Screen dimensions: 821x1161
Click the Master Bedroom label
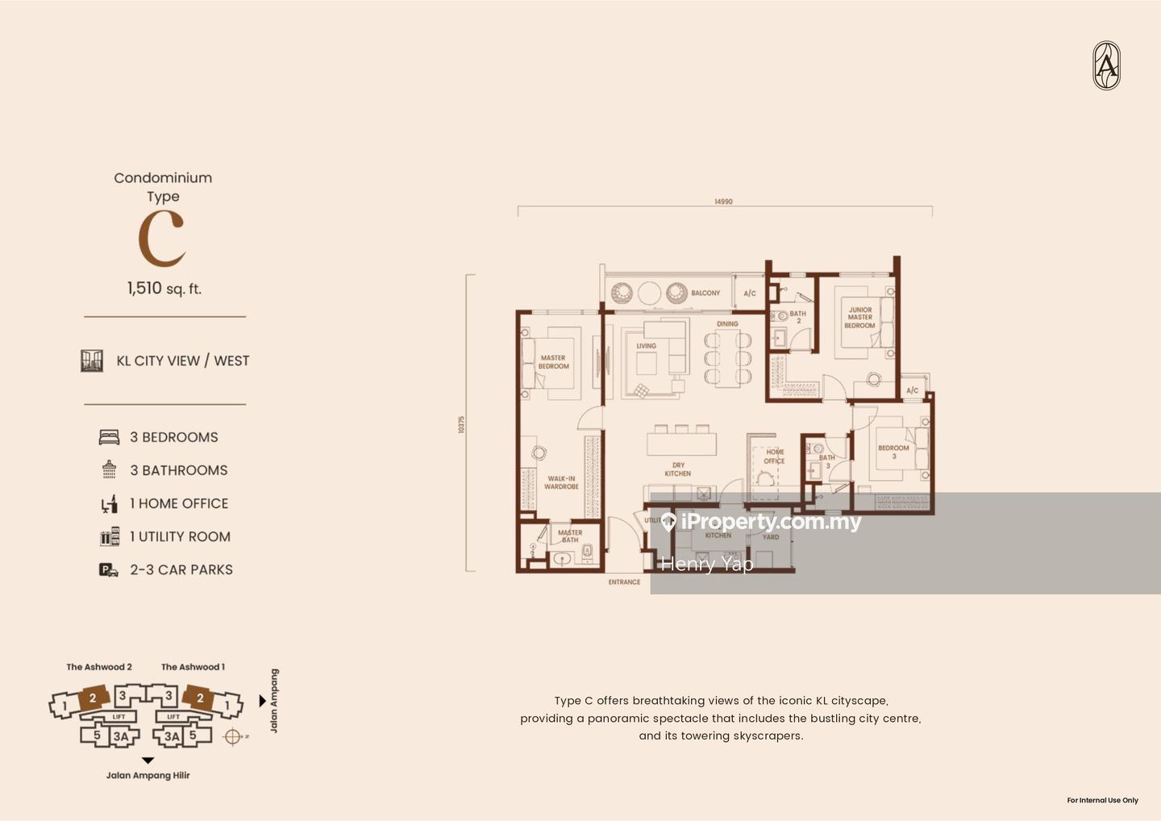[x=553, y=362]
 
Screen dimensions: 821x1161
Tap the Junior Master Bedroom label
[x=859, y=317]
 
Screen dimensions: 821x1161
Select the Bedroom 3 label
[x=893, y=452]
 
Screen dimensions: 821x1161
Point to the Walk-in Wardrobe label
[x=561, y=482]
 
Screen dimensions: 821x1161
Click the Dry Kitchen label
[x=678, y=469]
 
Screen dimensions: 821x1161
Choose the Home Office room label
[x=774, y=456]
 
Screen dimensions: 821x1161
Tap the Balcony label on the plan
[x=705, y=293]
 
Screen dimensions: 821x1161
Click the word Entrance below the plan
[x=624, y=581]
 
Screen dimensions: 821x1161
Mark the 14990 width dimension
[x=723, y=202]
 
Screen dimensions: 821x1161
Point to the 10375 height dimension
[x=461, y=424]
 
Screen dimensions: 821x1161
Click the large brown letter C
[x=162, y=239]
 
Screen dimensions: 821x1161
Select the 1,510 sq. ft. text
[x=164, y=289]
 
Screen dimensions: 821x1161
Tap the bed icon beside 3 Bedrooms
[x=109, y=437]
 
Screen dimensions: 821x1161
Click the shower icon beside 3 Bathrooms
[x=109, y=470]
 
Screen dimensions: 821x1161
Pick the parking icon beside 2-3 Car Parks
[x=109, y=570]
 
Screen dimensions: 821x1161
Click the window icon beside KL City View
[x=92, y=360]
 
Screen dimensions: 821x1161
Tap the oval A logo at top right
[x=1106, y=65]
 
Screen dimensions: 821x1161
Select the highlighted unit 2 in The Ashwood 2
[x=93, y=698]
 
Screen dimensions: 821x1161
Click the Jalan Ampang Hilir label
[x=148, y=775]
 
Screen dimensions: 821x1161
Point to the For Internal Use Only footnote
[x=1102, y=800]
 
